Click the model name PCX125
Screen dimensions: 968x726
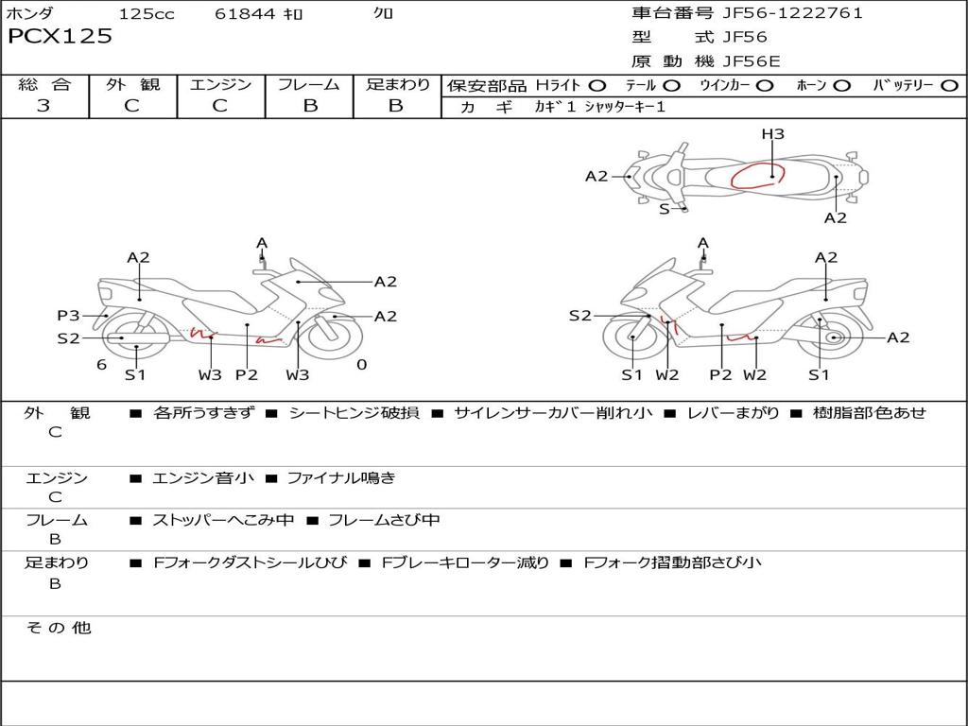(x=60, y=37)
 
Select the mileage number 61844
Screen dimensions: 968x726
(x=245, y=13)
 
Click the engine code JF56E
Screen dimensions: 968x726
(x=751, y=61)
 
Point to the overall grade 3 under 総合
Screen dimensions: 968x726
(x=43, y=106)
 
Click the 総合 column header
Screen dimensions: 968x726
(x=44, y=84)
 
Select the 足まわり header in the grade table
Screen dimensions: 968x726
(x=397, y=84)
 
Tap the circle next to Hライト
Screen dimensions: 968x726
(x=596, y=85)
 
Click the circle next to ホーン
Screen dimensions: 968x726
(x=841, y=85)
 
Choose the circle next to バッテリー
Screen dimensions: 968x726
(x=949, y=85)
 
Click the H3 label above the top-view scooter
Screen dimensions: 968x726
(x=773, y=134)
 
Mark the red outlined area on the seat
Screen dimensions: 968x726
(x=757, y=176)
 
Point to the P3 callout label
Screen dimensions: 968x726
(x=68, y=316)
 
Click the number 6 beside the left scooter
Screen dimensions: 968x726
(x=101, y=365)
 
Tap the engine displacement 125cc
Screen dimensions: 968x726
(x=147, y=13)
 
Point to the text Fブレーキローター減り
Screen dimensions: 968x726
(x=465, y=562)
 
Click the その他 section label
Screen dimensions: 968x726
(x=58, y=628)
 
